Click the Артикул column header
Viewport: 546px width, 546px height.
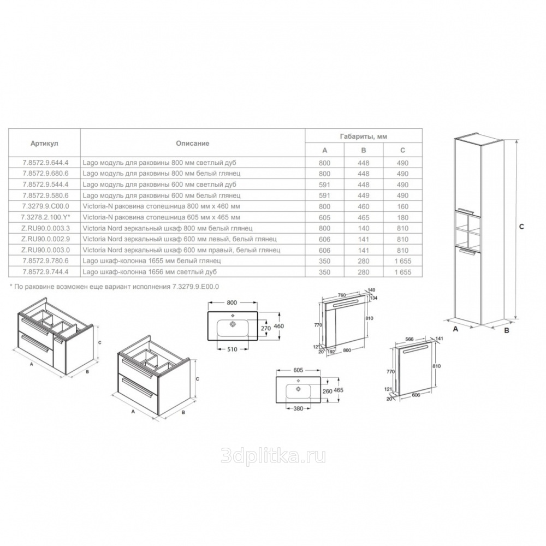44,143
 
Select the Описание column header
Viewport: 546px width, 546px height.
193,143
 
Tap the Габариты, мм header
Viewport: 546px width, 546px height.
364,136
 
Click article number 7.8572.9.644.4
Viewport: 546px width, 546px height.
46,163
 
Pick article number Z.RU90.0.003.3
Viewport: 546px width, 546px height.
46,228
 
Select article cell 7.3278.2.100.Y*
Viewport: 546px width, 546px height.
46,217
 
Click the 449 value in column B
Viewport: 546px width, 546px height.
364,195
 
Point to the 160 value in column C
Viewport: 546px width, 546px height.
402,206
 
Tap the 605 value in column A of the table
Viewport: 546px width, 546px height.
324,217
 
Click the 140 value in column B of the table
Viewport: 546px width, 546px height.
364,228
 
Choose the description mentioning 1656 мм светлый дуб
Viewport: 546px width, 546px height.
152,271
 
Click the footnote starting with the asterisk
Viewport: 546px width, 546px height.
114,287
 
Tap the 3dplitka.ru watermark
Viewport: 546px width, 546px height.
274,456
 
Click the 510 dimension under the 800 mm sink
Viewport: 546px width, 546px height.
232,349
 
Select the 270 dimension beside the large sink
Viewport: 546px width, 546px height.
266,328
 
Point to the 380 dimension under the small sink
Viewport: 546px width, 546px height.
298,408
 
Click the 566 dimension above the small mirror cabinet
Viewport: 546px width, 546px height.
410,339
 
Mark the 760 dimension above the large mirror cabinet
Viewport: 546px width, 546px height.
342,295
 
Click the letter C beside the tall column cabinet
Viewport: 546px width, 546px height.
521,227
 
